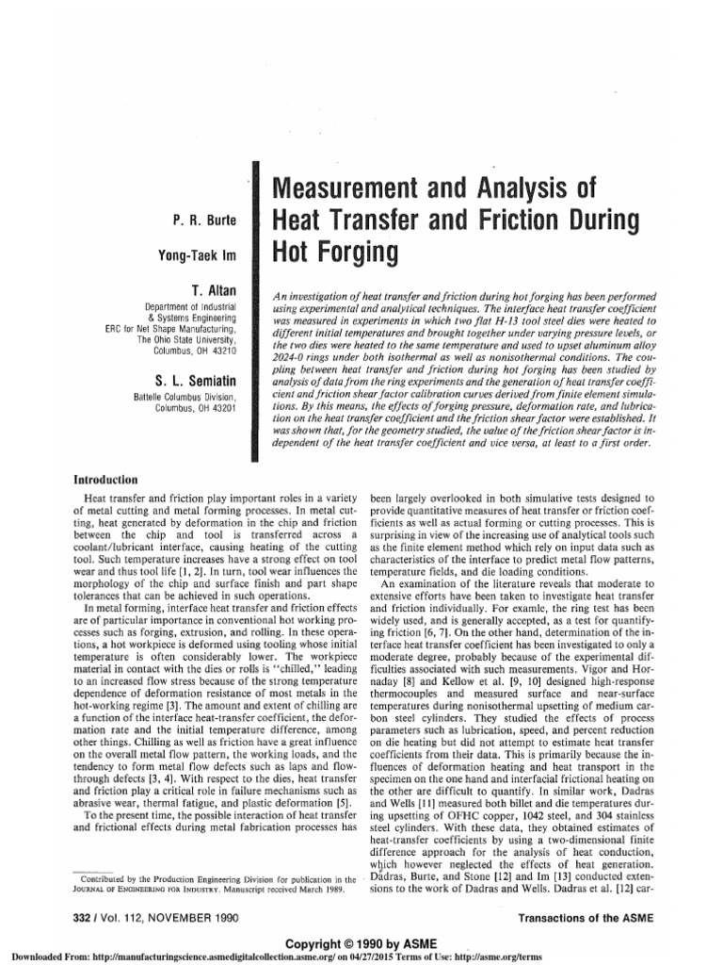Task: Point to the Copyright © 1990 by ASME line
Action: coord(361,941)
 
